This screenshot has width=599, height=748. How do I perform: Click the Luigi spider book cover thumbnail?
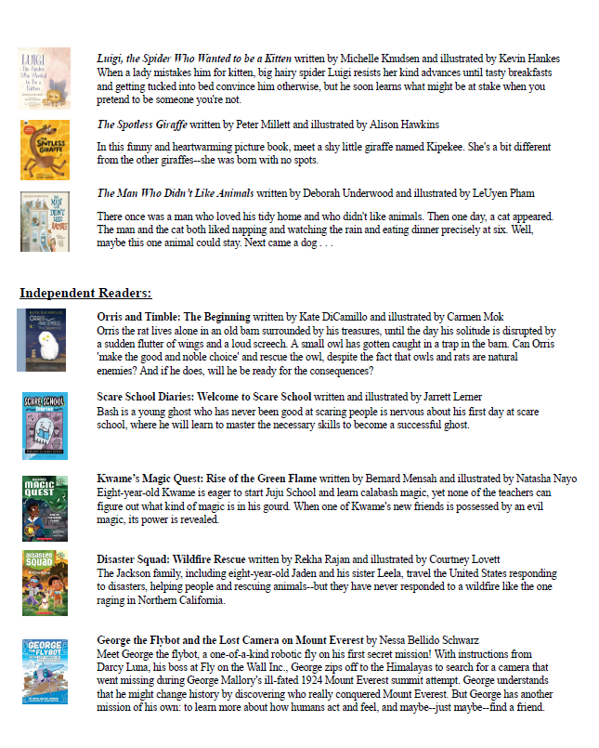tap(44, 79)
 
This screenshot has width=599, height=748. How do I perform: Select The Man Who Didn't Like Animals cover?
tap(44, 221)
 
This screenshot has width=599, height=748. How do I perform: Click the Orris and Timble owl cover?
tap(42, 340)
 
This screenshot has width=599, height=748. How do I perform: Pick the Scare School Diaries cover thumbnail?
tap(44, 426)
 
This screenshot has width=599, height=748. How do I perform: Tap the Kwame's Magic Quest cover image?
tap(44, 508)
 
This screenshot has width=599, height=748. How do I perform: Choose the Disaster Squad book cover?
tap(44, 583)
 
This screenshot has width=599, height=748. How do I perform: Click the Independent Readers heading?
tap(85, 294)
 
